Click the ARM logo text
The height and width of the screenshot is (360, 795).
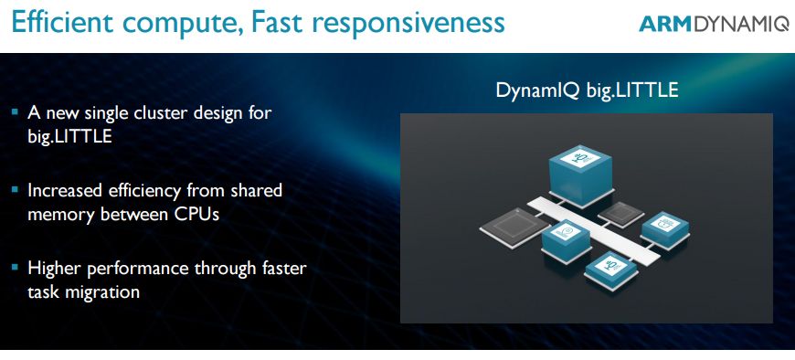coord(665,24)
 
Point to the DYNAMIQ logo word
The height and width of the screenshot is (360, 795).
coord(741,25)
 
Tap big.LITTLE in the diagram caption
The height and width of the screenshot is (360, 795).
coord(631,90)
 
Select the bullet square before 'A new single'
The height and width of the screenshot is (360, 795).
coord(15,111)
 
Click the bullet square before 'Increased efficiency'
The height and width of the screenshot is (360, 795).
coord(15,190)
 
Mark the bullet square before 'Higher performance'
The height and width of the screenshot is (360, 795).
coord(15,267)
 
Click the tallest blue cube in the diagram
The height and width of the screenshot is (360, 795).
coord(580,175)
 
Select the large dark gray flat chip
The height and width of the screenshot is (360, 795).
coord(514,228)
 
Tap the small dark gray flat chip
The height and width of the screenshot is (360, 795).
coord(621,214)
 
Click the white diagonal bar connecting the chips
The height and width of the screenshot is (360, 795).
coord(594,230)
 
